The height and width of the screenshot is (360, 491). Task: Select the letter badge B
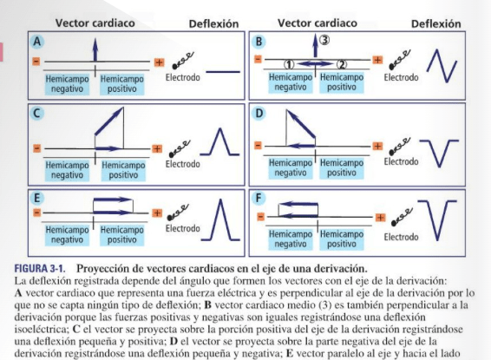coord(259,41)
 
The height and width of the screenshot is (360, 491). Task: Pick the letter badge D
coord(259,113)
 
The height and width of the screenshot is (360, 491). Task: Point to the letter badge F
coord(259,198)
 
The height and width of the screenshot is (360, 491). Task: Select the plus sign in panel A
coord(159,62)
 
